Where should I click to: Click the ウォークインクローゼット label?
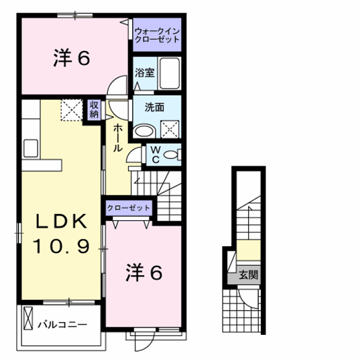[x=157, y=35]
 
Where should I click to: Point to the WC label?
[x=154, y=154]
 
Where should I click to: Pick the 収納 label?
[x=94, y=110]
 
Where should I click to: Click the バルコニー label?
[x=62, y=324]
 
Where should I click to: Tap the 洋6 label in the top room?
[x=72, y=59]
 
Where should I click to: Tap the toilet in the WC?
[x=171, y=155]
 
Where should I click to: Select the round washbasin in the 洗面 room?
[x=143, y=130]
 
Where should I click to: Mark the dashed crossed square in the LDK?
[x=70, y=109]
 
